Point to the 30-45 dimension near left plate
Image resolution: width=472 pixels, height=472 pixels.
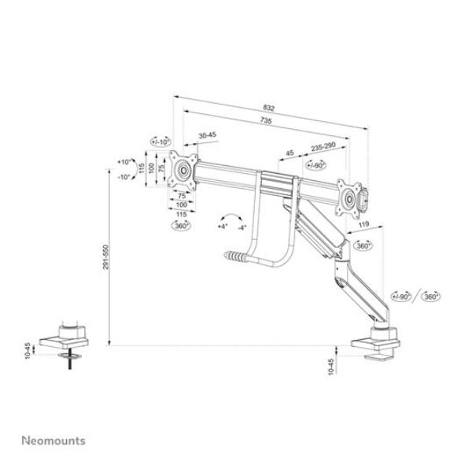pos(208,135)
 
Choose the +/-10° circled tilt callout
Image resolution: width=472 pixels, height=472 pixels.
pos(160,142)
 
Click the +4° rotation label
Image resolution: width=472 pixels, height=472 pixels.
pos(222,227)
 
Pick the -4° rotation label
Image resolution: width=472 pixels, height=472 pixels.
pos(242,227)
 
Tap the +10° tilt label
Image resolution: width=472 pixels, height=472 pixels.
pos(124,161)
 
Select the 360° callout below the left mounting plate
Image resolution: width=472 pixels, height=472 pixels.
pos(181,226)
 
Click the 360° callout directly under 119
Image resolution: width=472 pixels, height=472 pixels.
pos(363,246)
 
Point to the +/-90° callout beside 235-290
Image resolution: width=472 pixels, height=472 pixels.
pos(316,165)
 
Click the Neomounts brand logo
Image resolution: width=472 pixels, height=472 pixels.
pos(53,440)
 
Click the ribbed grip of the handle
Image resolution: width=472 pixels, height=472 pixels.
pos(233,256)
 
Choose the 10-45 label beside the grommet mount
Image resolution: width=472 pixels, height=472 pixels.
pos(51,348)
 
